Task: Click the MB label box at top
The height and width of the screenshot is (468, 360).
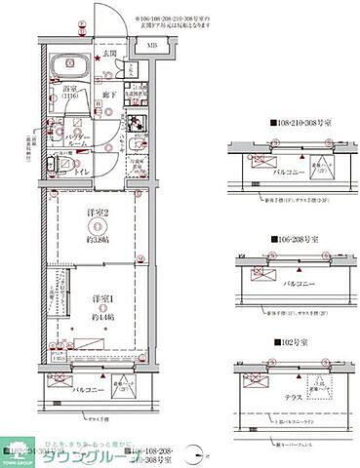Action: coord(152,46)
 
